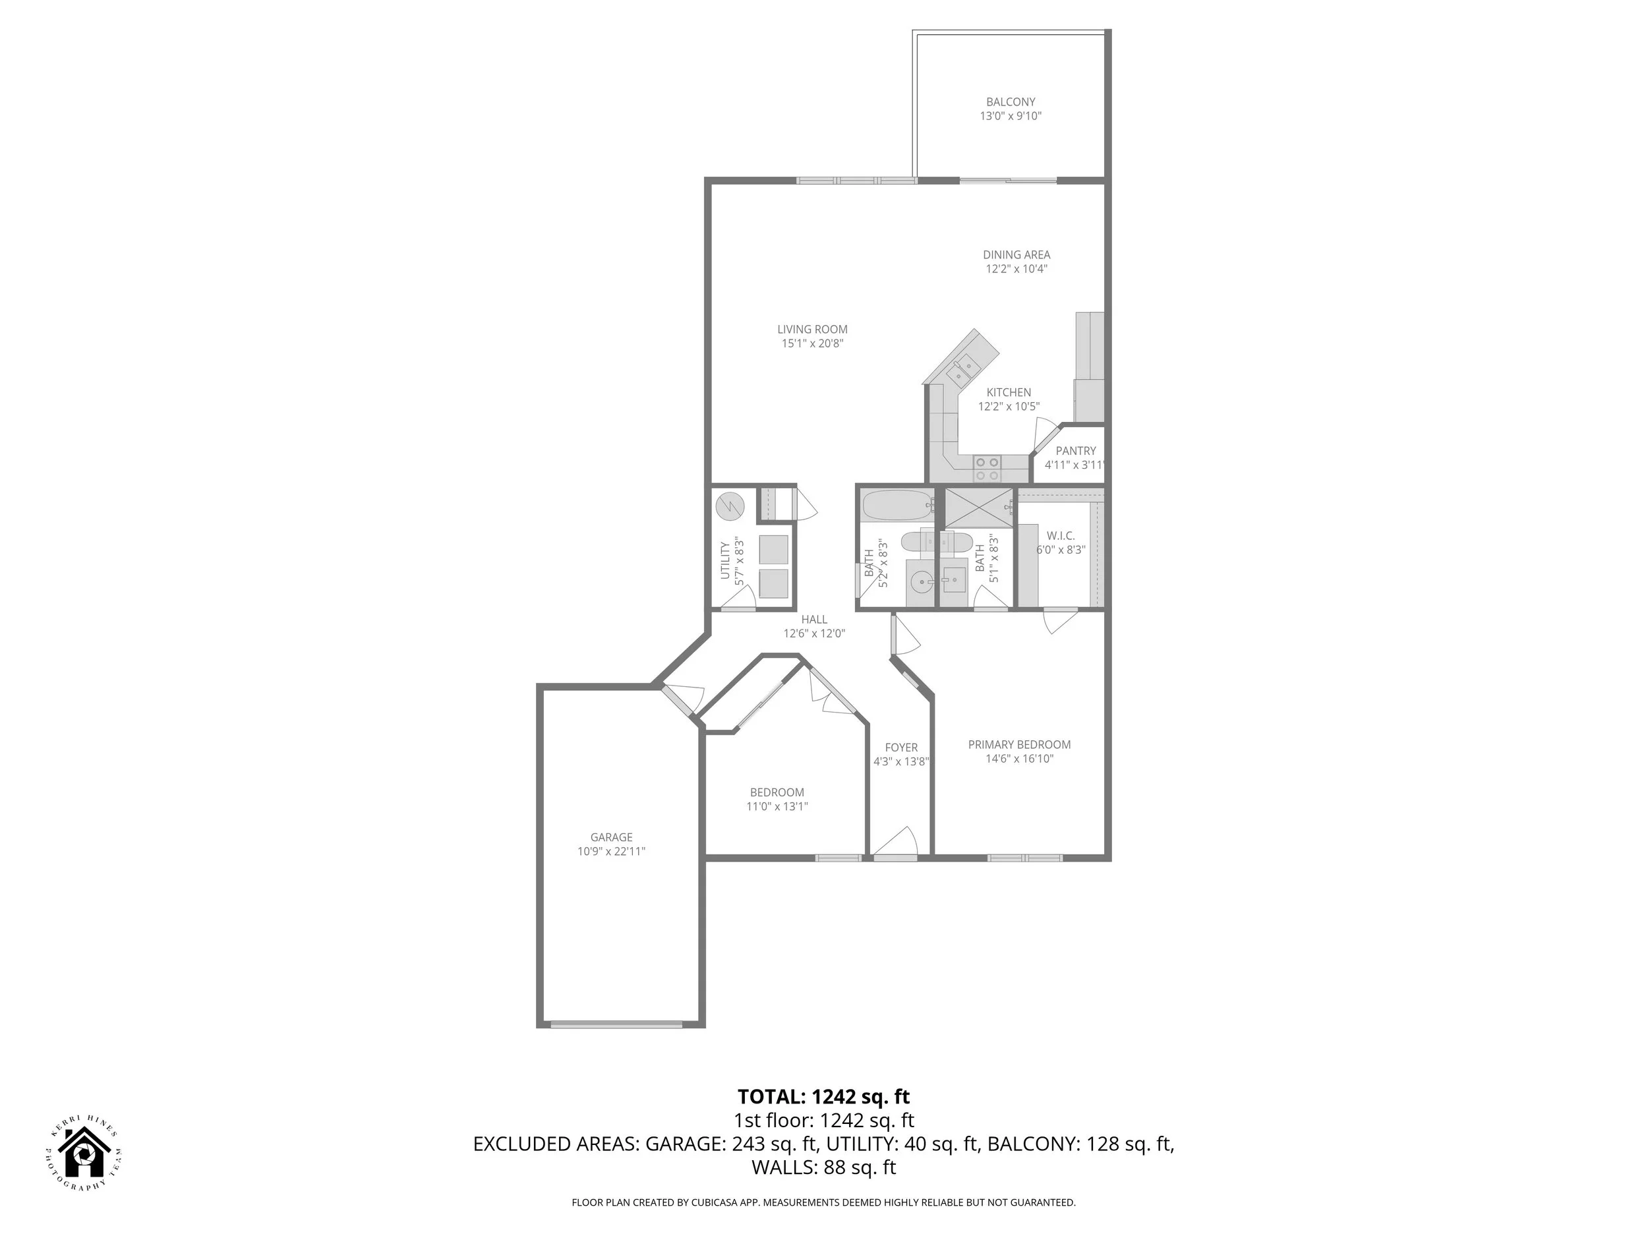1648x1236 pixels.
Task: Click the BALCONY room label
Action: [1011, 102]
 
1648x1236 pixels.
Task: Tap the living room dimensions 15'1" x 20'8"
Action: [812, 343]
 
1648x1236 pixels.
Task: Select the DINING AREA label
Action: [1016, 255]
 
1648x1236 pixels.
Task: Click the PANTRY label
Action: [1075, 451]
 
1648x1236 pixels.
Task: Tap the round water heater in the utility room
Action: [730, 508]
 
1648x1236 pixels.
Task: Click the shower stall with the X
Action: [978, 508]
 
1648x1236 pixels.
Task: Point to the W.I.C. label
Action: [1060, 536]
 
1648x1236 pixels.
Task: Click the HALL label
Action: [814, 619]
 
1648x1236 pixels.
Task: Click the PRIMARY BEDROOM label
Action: [1019, 744]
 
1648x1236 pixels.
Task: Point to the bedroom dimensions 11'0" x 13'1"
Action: [777, 806]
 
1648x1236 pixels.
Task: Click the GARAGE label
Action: [611, 837]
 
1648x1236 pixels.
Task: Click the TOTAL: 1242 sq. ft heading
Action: [823, 1097]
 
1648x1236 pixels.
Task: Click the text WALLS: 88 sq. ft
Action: [823, 1167]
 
